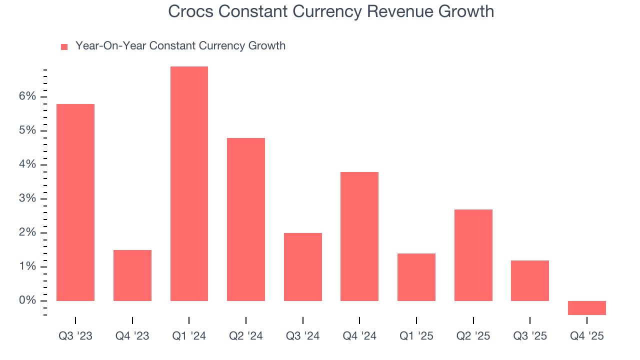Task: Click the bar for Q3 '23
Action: point(75,202)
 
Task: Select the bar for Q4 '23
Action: point(132,275)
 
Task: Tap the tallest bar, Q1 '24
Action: point(189,183)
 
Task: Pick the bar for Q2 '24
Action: point(246,219)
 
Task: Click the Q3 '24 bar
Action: point(302,266)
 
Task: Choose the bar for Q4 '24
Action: point(359,236)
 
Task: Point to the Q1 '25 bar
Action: point(416,277)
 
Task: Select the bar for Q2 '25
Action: point(473,255)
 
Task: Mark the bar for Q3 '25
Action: point(530,280)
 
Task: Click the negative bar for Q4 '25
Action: point(586,307)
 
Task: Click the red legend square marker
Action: point(64,46)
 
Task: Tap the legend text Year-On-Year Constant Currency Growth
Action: point(180,46)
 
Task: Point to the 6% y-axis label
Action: point(28,96)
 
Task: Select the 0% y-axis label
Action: point(28,300)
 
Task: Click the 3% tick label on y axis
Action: point(28,198)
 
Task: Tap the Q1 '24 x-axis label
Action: point(189,336)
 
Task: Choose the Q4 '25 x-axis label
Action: point(586,336)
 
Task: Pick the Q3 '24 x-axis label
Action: point(302,336)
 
